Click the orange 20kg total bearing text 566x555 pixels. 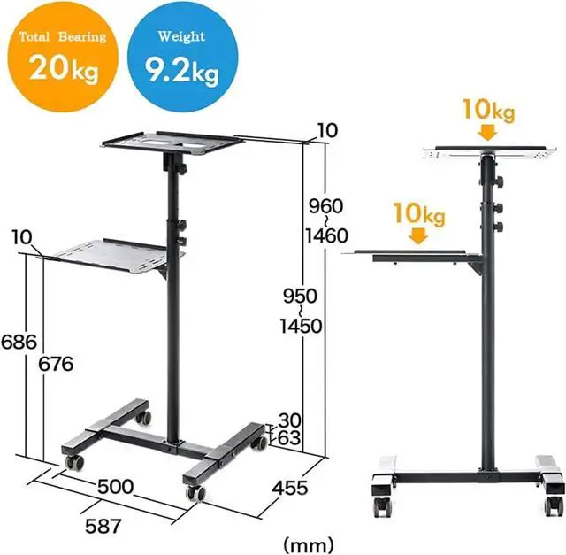[x=64, y=69]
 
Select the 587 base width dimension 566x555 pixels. [x=103, y=527]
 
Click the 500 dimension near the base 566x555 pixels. [x=116, y=487]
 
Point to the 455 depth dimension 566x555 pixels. [x=290, y=489]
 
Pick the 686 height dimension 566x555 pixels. [x=19, y=342]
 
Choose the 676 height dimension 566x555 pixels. [x=56, y=364]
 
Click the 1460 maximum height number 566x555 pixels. [x=326, y=236]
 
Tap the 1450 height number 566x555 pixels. [x=301, y=327]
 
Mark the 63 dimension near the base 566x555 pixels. [x=289, y=438]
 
